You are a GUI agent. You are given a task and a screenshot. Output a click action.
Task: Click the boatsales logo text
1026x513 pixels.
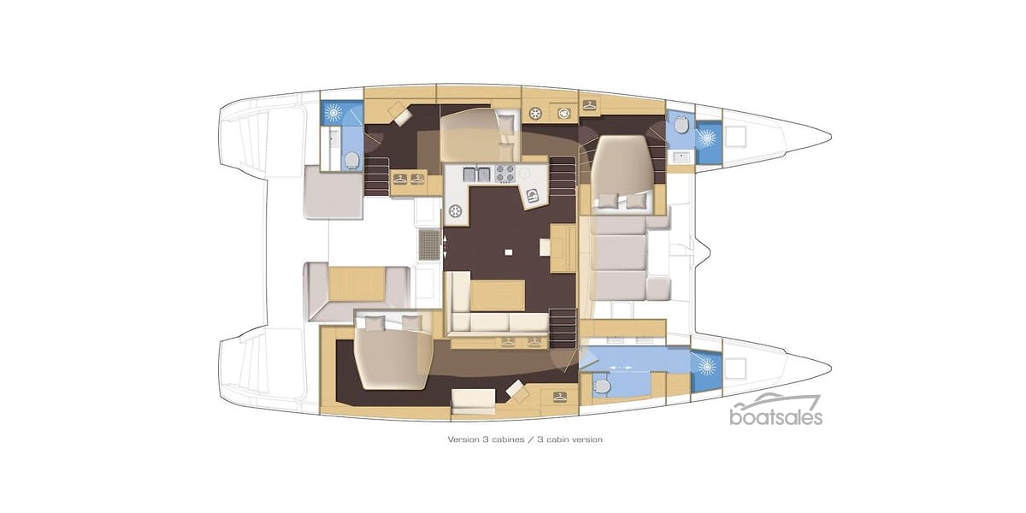(775, 417)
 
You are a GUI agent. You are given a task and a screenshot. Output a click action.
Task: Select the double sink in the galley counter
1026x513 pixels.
(478, 174)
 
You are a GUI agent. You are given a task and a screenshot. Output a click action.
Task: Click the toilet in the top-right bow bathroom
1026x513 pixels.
(681, 126)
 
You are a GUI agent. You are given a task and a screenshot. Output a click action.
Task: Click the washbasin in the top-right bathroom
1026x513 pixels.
(681, 156)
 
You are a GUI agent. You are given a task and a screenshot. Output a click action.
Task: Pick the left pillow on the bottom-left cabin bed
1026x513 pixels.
(374, 322)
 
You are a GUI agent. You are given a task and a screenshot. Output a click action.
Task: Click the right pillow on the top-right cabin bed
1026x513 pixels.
(637, 201)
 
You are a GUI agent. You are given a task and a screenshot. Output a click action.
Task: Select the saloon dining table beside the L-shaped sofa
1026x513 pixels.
(497, 295)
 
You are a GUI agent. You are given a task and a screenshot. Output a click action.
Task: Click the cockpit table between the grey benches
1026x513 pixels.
(357, 284)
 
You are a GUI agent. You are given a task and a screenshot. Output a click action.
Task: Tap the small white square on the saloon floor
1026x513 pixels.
(509, 251)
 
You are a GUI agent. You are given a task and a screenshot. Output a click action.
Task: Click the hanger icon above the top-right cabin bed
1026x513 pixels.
(590, 105)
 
